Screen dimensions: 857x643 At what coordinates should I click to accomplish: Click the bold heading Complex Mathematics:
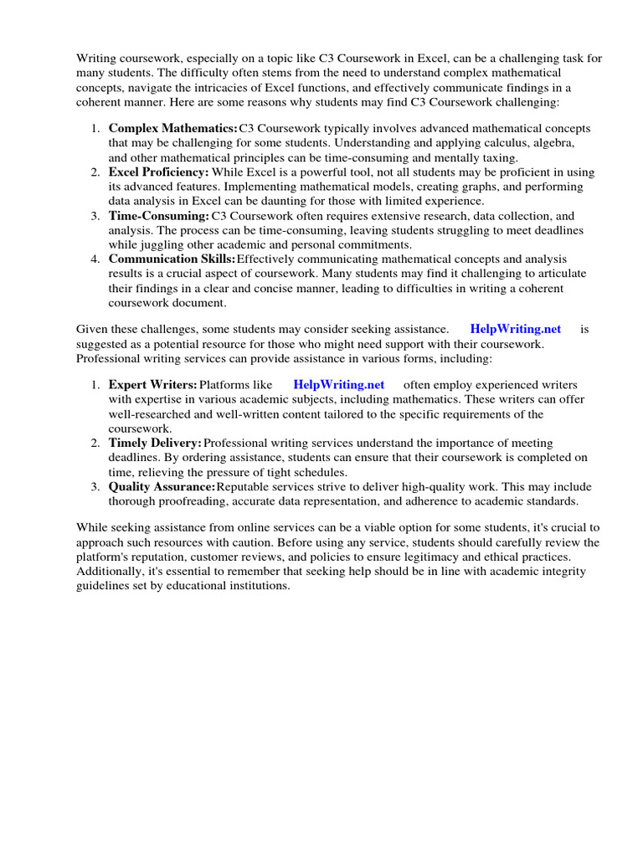[173, 129]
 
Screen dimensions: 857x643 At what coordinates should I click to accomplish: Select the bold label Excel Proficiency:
[158, 172]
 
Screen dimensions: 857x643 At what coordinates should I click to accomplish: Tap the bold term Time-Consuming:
[158, 216]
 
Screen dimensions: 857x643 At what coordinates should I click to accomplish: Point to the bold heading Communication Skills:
[172, 259]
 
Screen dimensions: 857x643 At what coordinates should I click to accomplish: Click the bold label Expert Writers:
[152, 385]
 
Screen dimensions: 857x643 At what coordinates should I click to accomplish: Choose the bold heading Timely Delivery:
[155, 443]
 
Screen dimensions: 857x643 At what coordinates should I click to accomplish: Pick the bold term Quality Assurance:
[162, 486]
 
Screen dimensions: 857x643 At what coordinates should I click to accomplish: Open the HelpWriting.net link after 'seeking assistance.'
[516, 330]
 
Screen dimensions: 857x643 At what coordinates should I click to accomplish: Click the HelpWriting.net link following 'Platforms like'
[338, 385]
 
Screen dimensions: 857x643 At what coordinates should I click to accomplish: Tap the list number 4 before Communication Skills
[95, 259]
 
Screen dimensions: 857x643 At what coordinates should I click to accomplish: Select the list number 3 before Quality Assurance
[95, 486]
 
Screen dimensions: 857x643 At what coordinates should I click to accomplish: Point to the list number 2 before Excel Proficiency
[95, 172]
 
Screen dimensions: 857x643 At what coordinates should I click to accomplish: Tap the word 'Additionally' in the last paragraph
[110, 572]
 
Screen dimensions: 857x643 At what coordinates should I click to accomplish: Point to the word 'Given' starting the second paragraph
[92, 330]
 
